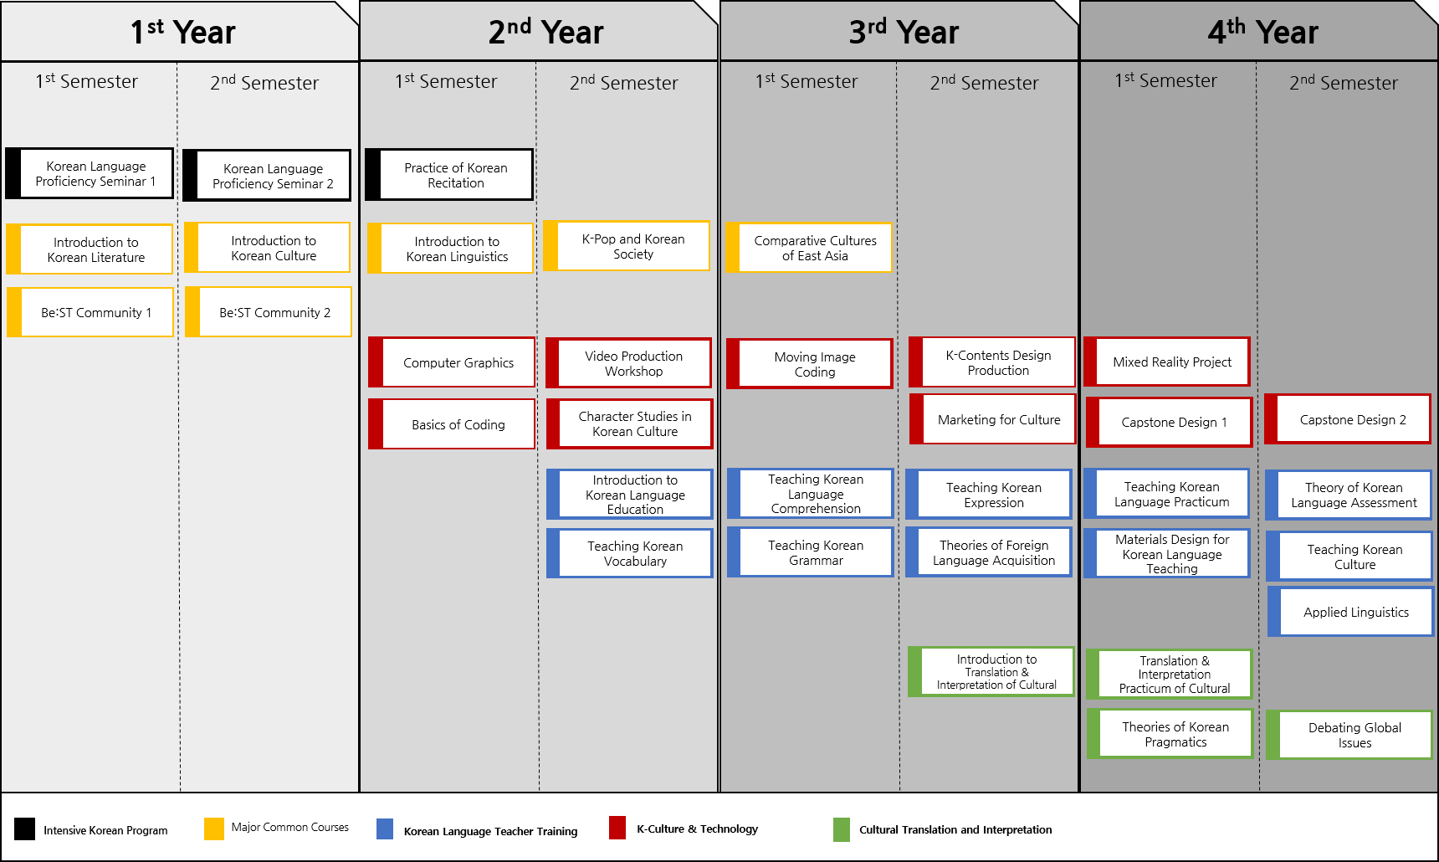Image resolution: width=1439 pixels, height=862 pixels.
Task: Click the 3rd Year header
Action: pos(904,32)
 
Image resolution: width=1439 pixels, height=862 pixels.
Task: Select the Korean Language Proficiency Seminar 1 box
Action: pos(90,173)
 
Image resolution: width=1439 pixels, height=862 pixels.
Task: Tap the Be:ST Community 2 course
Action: pos(269,312)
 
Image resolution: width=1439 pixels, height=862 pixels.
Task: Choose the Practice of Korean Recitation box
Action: pos(449,175)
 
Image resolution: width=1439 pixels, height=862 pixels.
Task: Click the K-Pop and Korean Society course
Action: pos(627,246)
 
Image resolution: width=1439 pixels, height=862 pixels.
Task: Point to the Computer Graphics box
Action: pos(452,362)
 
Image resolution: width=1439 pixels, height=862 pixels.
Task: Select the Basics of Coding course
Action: pos(452,424)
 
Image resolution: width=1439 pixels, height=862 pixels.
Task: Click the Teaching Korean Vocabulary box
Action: pos(630,553)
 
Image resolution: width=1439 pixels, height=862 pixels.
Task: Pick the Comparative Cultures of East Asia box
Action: pos(810,248)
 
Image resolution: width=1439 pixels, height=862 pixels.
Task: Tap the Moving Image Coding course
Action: pos(810,364)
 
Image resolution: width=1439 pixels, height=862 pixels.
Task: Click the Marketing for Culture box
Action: pos(993,419)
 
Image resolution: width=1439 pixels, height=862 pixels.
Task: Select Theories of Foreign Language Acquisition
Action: pos(989,552)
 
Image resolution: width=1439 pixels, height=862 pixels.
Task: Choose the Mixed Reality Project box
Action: pos(1167,362)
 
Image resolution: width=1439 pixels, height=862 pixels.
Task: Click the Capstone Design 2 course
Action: pos(1348,419)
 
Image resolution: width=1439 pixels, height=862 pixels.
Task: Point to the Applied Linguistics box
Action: pos(1351,612)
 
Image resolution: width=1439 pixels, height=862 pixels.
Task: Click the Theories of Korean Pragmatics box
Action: pos(1170,734)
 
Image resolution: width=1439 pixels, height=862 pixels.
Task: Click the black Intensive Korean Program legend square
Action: pos(25,829)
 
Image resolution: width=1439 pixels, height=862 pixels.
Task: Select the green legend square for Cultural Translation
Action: pos(842,829)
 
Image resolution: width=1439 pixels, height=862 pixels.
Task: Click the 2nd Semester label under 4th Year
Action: pos(1344,83)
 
